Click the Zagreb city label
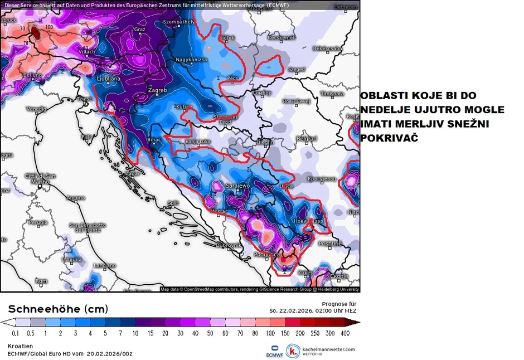157,90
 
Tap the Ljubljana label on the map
109,79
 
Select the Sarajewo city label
237,185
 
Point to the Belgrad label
307,138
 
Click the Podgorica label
266,254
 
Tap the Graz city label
140,29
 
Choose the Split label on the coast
173,203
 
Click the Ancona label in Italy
76,197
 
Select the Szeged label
297,70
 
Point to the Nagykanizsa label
191,59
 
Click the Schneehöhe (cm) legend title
58,309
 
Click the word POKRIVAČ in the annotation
389,137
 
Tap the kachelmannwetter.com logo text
328,349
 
